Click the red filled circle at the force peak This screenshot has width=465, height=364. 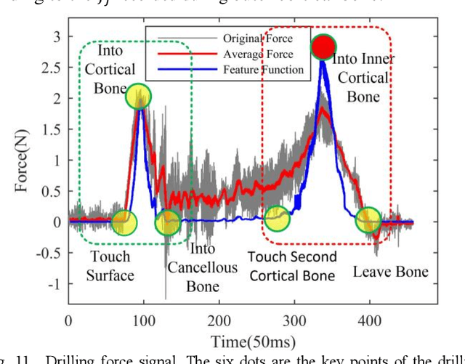323,47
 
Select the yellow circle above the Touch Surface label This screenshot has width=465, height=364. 124,220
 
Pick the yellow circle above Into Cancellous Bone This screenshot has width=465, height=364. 169,221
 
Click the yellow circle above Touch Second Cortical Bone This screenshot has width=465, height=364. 277,216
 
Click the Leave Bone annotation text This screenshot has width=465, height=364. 390,272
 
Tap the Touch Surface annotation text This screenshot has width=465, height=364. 111,265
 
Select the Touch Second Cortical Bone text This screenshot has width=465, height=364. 292,266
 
